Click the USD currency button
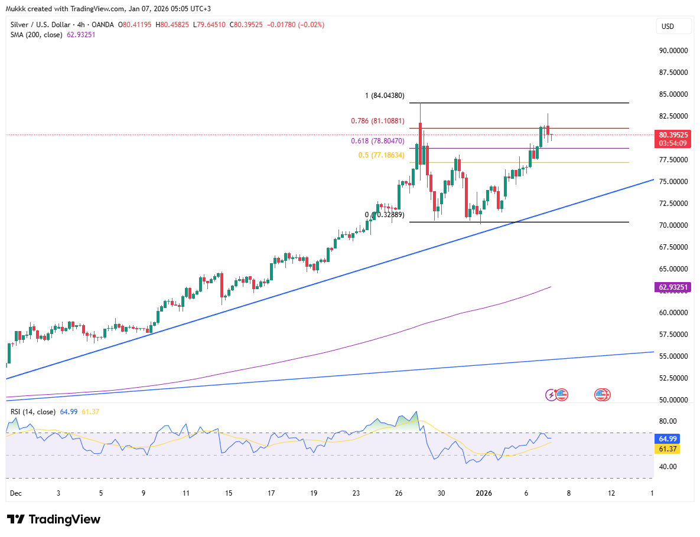pos(668,27)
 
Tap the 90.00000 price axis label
pos(673,51)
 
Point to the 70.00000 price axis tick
pos(673,225)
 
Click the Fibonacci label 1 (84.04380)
pos(384,96)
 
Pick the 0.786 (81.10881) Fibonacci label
pos(377,121)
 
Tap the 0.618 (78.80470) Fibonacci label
pos(377,142)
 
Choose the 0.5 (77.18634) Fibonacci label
pos(382,155)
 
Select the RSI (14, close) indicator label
pos(33,412)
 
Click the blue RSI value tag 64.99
pos(668,440)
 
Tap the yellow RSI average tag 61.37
pos(668,449)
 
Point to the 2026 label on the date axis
pos(483,493)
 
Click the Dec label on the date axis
pos(16,493)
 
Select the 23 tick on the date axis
pos(356,493)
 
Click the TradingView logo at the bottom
pos(54,519)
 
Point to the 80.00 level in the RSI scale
pos(668,421)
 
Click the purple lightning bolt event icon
pos(551,394)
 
